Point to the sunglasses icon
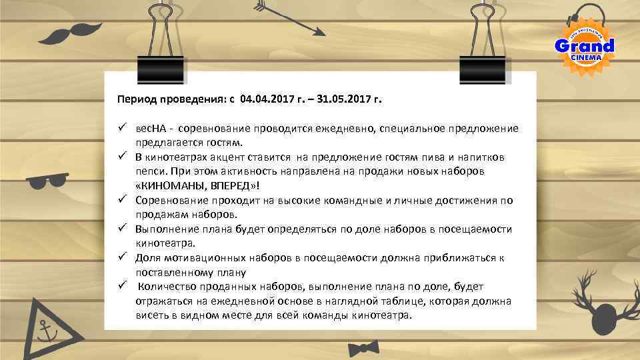click(47, 179)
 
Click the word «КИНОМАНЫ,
click(164, 185)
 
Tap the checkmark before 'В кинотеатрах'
click(123, 157)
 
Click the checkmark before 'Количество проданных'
click(123, 286)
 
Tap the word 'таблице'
click(384, 301)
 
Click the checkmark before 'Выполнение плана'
click(123, 229)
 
